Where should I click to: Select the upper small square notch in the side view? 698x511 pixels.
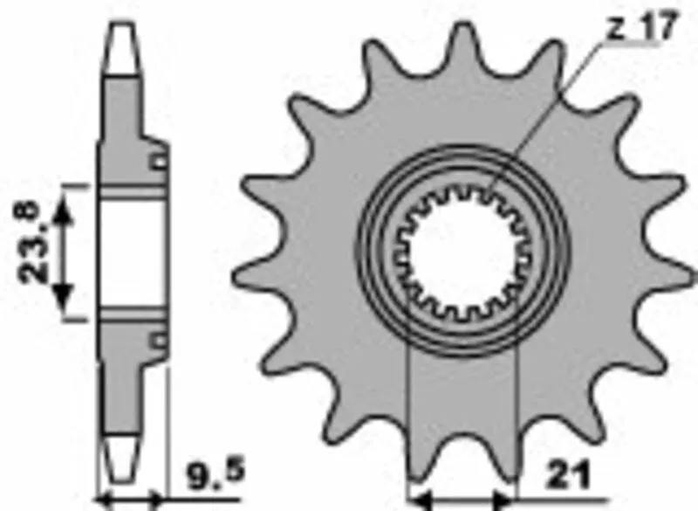pyautogui.click(x=158, y=162)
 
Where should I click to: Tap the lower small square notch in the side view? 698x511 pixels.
pyautogui.click(x=158, y=339)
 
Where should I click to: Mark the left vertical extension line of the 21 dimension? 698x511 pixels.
pyautogui.click(x=409, y=419)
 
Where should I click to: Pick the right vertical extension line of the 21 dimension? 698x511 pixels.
pyautogui.click(x=518, y=419)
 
